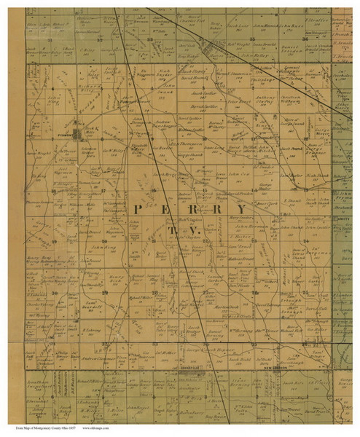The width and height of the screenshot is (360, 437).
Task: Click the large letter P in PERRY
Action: [138, 208]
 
